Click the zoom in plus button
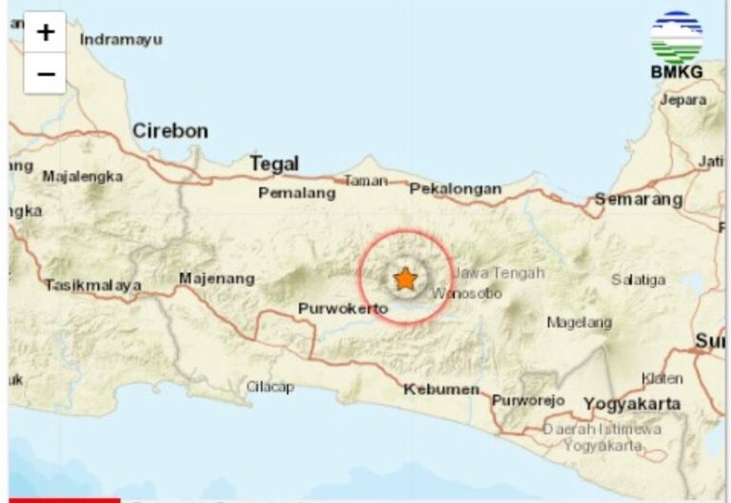45,33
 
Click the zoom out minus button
45,73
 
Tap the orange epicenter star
405,279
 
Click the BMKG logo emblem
676,38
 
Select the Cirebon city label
169,131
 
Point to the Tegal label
274,164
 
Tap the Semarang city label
638,200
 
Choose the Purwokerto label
343,309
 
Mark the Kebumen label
441,389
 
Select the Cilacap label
270,387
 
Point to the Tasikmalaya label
93,284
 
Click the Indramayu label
121,39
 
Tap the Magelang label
579,322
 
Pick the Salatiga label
638,280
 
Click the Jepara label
683,99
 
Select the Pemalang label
297,193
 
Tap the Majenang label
217,279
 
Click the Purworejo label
528,400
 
